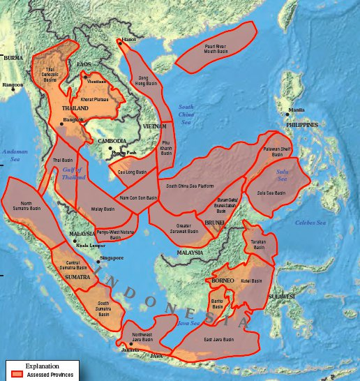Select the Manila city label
tap(295, 110)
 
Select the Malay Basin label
tap(103, 209)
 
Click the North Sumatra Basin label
tap(27, 207)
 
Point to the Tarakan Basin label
tap(260, 244)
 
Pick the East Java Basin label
tap(218, 340)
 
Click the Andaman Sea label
tap(14, 155)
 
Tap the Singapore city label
tap(112, 258)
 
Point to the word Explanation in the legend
tap(42, 366)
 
